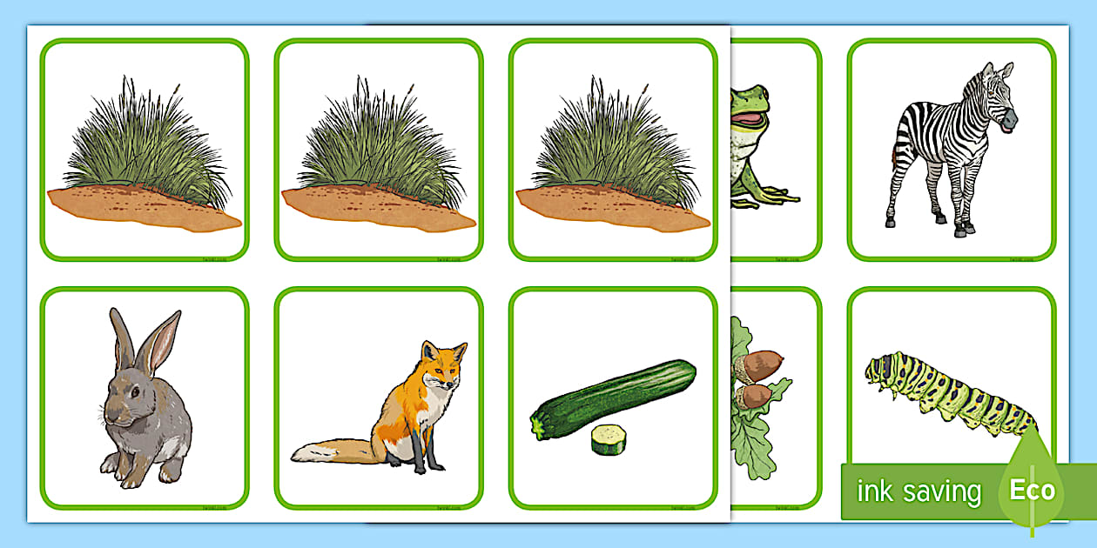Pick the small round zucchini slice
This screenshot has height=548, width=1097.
(x=609, y=439)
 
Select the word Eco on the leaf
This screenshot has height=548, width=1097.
(x=1032, y=490)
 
